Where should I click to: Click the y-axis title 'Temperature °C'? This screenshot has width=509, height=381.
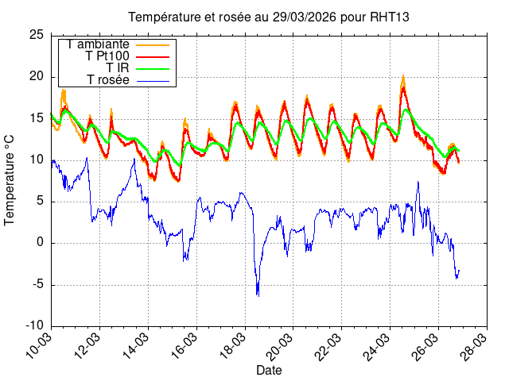pyautogui.click(x=10, y=179)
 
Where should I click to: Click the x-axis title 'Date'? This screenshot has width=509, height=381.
pyautogui.click(x=268, y=370)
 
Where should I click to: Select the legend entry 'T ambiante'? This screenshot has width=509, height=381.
pyautogui.click(x=99, y=44)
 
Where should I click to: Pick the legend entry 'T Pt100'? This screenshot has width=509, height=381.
pyautogui.click(x=107, y=56)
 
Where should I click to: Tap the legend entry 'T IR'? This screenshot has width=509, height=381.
pyautogui.click(x=119, y=68)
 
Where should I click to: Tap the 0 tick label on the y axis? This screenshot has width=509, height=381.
pyautogui.click(x=40, y=243)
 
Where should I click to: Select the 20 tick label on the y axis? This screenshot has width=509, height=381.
pyautogui.click(x=37, y=76)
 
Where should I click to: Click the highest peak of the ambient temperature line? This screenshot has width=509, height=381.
pyautogui.click(x=403, y=75)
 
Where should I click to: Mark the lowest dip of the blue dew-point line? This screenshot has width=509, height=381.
pyautogui.click(x=258, y=295)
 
